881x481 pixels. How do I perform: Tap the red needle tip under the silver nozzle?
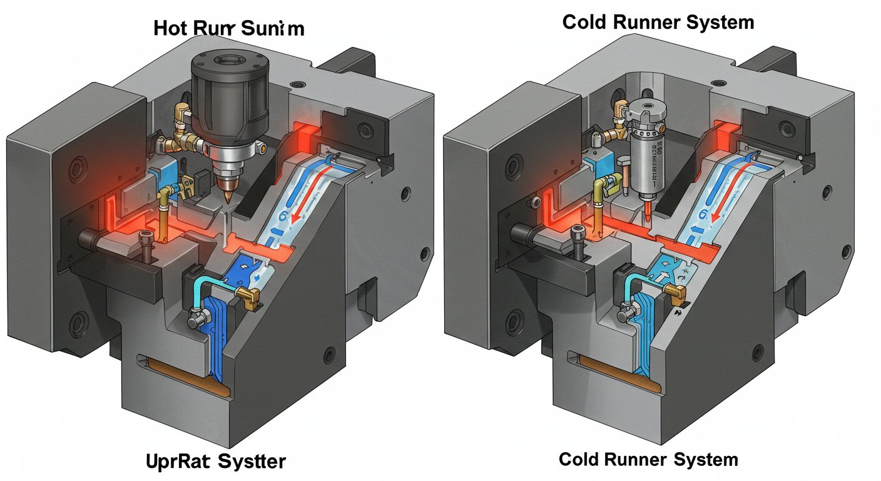coord(647,212)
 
